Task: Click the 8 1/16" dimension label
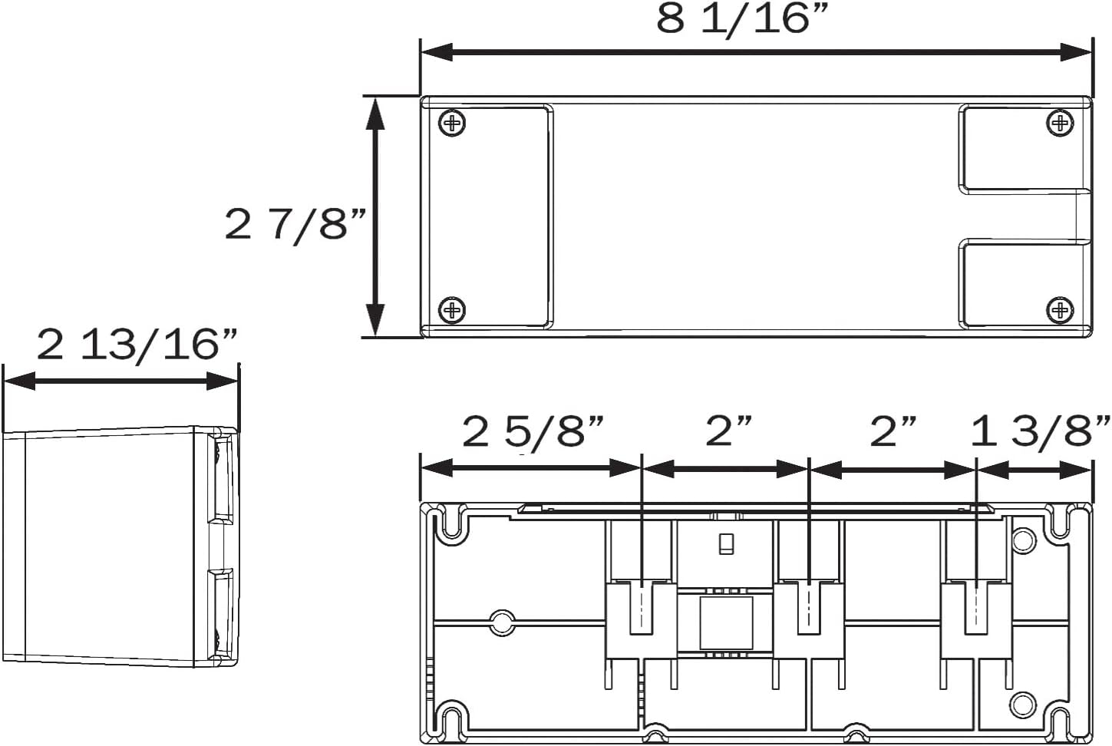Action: tap(743, 21)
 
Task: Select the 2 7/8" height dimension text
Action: tap(295, 225)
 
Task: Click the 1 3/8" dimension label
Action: tap(1040, 433)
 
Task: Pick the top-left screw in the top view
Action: tap(452, 122)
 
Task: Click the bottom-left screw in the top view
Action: tap(452, 311)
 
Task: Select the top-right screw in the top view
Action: tap(1060, 122)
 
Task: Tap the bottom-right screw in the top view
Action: tap(1060, 311)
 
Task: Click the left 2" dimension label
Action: tap(729, 431)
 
